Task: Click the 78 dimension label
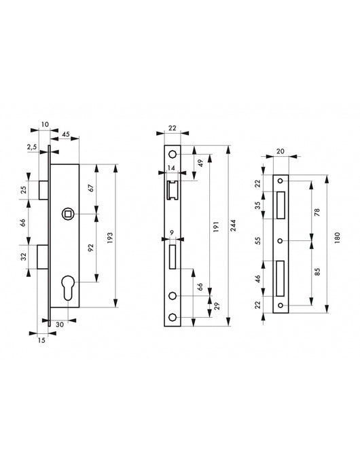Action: pyautogui.click(x=318, y=212)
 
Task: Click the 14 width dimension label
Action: pyautogui.click(x=173, y=167)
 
